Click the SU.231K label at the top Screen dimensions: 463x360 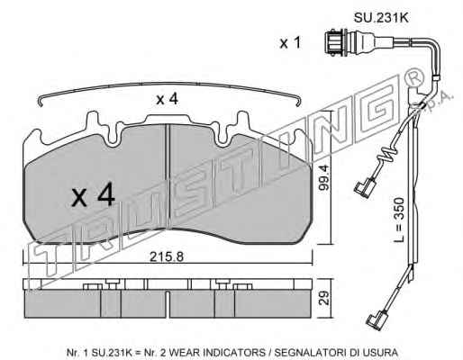click(x=381, y=18)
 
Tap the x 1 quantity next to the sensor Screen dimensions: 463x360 click(x=290, y=43)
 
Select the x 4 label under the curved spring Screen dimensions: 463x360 click(x=167, y=99)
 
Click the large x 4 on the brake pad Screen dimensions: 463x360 click(x=93, y=195)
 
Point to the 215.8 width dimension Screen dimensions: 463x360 click(x=167, y=256)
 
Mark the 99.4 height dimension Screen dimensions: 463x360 click(x=324, y=177)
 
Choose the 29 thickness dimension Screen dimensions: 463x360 click(x=325, y=298)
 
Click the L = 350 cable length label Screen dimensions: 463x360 click(x=399, y=220)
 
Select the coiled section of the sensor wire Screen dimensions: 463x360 click(x=387, y=154)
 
